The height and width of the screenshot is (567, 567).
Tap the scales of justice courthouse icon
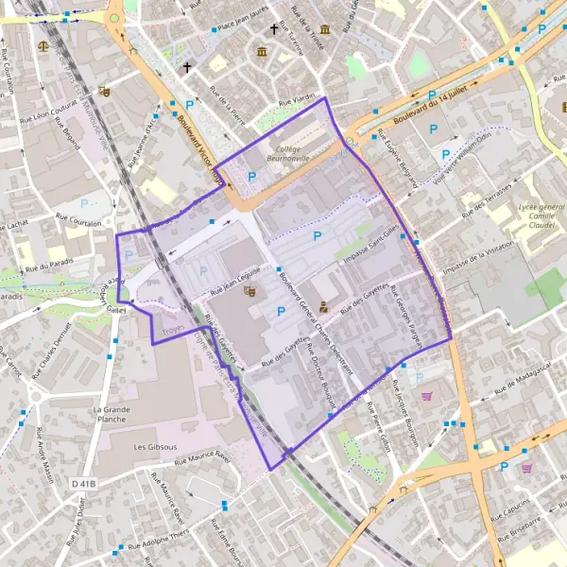[x=43, y=44]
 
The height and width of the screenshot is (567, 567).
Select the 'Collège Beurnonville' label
[x=294, y=155]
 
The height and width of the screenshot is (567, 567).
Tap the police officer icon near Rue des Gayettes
[x=323, y=306]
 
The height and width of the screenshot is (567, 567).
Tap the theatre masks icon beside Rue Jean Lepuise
[x=249, y=290]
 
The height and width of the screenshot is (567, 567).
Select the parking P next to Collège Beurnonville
[x=251, y=176]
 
